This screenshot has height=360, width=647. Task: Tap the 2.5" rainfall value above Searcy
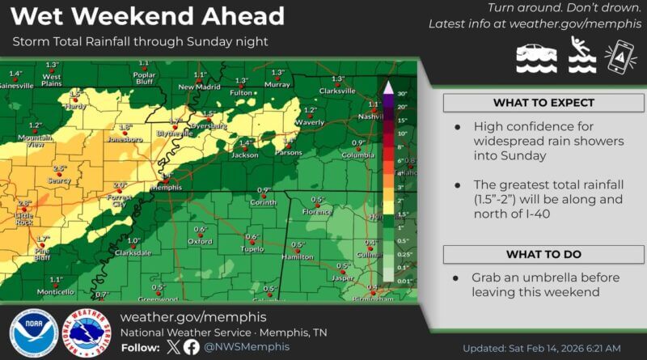coord(59,168)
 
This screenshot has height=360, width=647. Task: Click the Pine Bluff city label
coord(43,254)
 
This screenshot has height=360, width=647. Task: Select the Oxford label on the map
coord(200,241)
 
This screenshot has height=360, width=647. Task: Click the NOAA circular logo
coord(33,332)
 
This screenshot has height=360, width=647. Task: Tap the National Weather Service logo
coord(90,332)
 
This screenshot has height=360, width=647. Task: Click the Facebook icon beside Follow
coord(192,347)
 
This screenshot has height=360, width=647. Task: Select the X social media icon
coord(172,347)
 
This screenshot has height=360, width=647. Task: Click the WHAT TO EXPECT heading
coord(543,104)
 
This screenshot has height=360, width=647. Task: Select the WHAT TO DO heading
coord(543,254)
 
